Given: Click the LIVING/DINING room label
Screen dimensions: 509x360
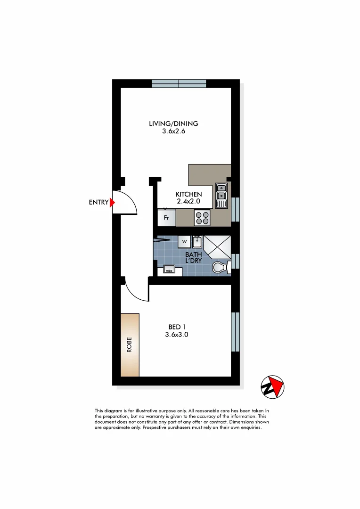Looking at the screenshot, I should coord(173,124).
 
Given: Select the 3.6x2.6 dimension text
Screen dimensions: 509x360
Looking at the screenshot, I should coord(173,132).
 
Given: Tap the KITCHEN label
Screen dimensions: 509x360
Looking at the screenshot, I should coord(188,194).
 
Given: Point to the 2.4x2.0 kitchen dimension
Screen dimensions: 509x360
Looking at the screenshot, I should coord(188,201).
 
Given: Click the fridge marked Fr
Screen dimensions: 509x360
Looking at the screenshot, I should coord(166,218).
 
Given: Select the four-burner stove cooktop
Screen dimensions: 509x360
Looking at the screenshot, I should coord(203,218).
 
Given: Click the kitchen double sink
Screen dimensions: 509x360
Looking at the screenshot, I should coord(221,195).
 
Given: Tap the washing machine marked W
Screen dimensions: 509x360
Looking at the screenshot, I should coord(184,242).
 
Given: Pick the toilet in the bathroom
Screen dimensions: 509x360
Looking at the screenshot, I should coord(220,268).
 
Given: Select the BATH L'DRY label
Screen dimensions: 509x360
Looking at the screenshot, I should coord(194,258).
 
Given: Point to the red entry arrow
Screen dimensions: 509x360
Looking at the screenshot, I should coord(112,203).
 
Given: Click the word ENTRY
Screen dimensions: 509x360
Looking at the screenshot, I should coord(98,203).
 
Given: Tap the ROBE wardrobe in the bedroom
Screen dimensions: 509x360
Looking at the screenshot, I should coord(130,345).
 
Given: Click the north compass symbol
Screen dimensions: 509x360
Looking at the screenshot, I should coord(273,387).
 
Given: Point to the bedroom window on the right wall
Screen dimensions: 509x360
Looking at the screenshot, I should coord(235,331).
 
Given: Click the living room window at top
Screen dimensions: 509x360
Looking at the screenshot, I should coord(179,83).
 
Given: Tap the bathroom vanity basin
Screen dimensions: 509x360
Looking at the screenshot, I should coord(169,270).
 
